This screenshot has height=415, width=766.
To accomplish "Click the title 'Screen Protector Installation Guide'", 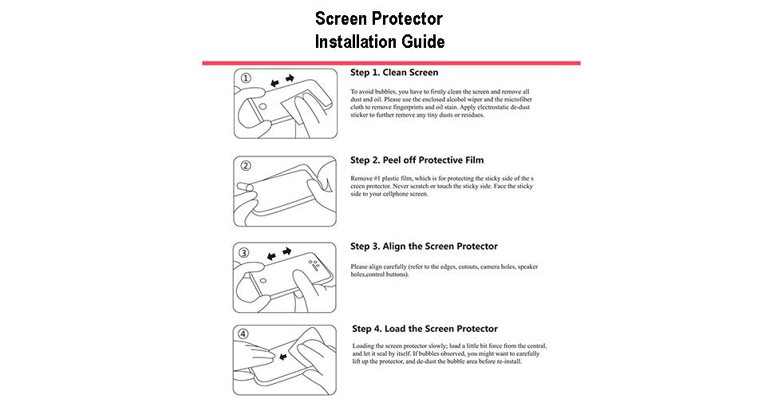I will pos(379,30).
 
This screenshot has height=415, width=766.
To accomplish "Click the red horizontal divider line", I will pos(390,62).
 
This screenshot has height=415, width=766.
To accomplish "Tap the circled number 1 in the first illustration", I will pos(246,78).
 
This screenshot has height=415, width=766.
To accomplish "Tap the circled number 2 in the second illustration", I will pos(246,166).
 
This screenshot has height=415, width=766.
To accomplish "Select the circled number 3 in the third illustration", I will pos(245,253).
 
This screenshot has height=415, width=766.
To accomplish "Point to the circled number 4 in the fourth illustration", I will pos(243,334).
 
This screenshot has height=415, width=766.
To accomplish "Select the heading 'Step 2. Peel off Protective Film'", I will pos(417,160).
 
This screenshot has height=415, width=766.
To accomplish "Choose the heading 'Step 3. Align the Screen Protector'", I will pos(424,246).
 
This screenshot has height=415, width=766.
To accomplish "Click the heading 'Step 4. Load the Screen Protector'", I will pos(424,328).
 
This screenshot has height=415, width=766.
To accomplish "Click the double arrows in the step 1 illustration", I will pos(280,81).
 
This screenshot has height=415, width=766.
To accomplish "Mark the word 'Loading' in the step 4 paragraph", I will pos(365,346).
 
